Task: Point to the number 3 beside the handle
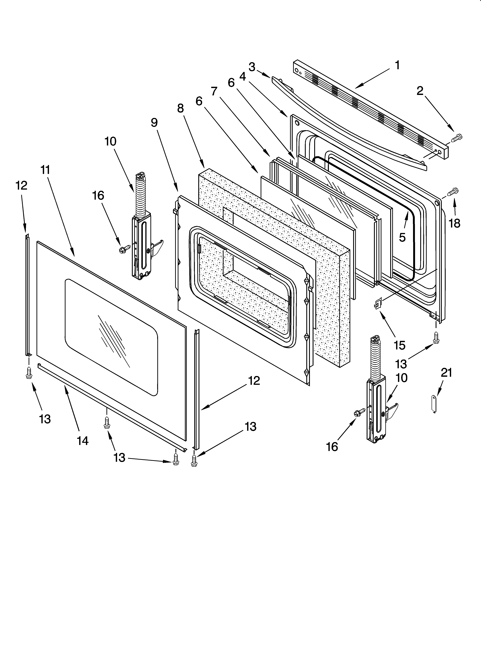click(252, 67)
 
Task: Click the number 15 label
click(400, 345)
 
